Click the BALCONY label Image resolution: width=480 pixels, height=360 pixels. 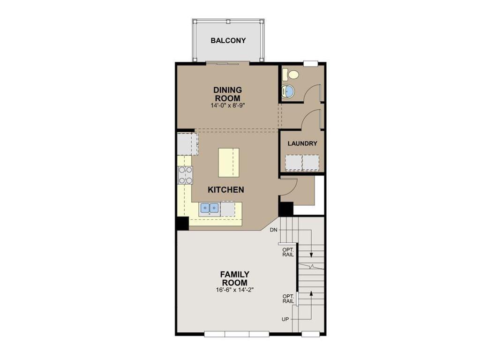coord(228,40)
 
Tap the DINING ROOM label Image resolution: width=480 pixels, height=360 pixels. coord(228,94)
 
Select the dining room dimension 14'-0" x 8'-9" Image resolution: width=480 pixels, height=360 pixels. coord(228,105)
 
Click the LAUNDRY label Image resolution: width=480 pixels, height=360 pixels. coord(302,143)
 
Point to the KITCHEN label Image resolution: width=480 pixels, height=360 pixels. coord(226,190)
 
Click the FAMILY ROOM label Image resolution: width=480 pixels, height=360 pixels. coord(235,278)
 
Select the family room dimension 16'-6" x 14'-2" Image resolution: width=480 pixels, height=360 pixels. coord(235,290)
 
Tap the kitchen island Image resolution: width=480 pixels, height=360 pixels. coord(228,162)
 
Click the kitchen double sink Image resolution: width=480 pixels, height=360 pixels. coord(210,207)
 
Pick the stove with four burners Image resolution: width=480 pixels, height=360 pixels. coord(185,175)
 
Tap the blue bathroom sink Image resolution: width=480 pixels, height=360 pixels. coord(288,91)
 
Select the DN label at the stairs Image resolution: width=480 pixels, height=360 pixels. coord(274,230)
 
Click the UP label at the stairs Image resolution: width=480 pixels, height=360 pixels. coord(285,319)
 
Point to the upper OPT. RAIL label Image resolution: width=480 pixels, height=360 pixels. coord(288,252)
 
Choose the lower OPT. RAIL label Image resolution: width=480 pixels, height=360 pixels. coord(288,299)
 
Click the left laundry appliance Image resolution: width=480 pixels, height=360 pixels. coord(293,162)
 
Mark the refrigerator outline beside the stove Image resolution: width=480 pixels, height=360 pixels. coord(187,144)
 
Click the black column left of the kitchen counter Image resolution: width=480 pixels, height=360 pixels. coord(182,223)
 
